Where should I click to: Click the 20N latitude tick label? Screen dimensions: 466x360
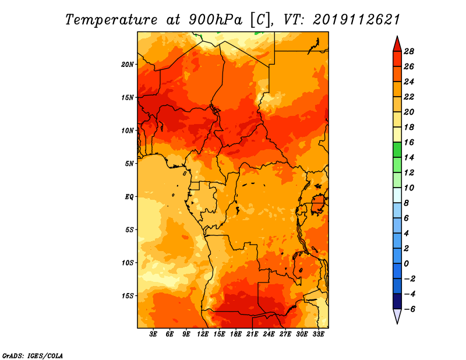click(x=128, y=65)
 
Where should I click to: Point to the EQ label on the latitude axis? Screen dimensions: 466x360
click(x=129, y=197)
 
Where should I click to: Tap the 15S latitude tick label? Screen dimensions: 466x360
click(x=128, y=296)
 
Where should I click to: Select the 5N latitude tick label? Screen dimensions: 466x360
click(x=129, y=164)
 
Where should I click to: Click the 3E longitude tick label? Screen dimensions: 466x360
click(x=153, y=334)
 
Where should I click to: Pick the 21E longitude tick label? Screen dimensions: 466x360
click(x=252, y=334)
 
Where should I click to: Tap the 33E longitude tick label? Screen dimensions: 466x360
click(x=318, y=334)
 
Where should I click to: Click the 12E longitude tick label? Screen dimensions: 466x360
click(x=203, y=334)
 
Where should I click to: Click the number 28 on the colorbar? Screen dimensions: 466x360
click(x=409, y=51)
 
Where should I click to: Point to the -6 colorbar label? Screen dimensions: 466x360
click(x=409, y=309)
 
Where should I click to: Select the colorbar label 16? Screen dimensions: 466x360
click(x=409, y=142)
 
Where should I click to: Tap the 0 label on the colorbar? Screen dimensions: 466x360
click(x=406, y=264)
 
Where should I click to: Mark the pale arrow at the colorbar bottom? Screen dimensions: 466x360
click(x=397, y=315)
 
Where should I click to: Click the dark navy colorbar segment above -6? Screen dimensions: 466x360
click(x=397, y=301)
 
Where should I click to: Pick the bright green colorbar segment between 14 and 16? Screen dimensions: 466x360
click(x=397, y=150)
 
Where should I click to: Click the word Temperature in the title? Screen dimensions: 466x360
click(x=111, y=20)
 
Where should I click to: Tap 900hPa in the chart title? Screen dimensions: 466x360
click(x=215, y=20)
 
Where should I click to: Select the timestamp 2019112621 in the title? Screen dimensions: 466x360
click(x=356, y=20)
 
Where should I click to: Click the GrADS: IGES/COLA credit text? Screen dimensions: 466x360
click(x=33, y=355)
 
